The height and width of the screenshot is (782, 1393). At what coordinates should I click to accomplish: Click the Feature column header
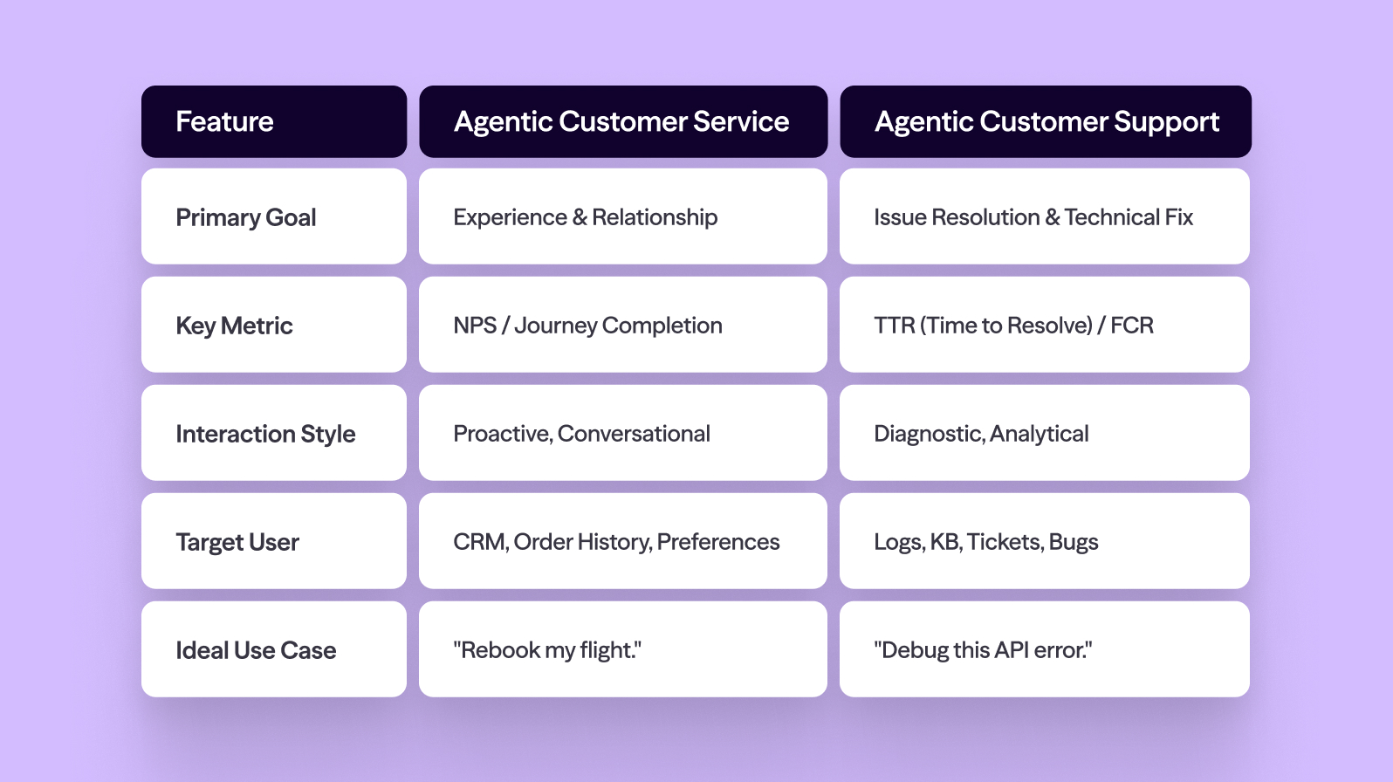point(273,121)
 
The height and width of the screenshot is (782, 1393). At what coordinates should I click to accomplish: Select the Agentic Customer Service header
point(622,121)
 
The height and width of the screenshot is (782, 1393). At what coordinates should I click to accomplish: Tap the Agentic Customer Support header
point(1045,121)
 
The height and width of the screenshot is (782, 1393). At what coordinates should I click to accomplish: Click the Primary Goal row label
point(273,216)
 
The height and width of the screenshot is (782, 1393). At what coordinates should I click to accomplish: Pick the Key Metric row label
point(273,325)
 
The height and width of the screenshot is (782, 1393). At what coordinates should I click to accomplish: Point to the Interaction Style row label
point(273,433)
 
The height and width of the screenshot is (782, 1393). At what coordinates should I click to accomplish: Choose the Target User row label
point(273,541)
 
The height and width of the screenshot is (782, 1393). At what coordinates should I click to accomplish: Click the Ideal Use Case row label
point(273,649)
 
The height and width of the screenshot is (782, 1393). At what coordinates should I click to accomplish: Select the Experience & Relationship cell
point(622,216)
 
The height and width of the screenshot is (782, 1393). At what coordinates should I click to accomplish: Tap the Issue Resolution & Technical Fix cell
point(1044,216)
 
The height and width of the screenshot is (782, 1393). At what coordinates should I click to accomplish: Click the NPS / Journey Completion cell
point(622,325)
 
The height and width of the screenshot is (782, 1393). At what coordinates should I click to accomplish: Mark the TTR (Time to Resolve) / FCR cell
point(1044,325)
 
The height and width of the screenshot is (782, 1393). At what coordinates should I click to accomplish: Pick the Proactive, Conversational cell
point(622,433)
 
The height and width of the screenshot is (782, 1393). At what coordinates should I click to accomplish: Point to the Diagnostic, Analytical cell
point(1044,433)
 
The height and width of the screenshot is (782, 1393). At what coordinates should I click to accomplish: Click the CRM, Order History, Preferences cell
point(622,541)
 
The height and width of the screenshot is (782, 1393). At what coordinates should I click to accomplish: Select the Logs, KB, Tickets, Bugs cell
point(1044,541)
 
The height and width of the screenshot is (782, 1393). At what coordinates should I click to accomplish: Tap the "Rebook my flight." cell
point(622,649)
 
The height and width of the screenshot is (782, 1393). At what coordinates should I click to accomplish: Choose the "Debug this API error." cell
point(1044,649)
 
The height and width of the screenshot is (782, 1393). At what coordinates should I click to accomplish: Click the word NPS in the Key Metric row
point(475,326)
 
